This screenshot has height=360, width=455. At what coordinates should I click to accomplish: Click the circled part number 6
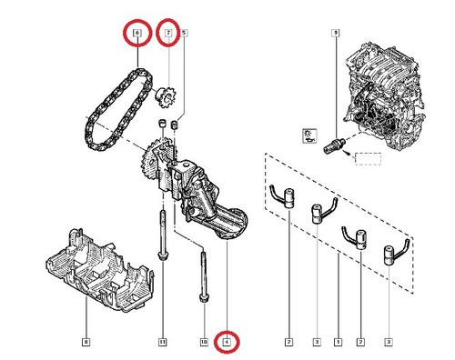[137, 35]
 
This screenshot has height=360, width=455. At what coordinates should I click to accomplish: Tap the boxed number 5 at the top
[185, 34]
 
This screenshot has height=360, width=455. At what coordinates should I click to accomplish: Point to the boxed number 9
[336, 35]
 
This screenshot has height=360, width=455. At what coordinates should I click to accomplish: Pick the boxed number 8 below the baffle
[86, 343]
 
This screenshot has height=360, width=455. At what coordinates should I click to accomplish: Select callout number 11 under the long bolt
[162, 343]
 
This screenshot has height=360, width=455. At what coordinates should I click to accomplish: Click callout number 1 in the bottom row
[339, 343]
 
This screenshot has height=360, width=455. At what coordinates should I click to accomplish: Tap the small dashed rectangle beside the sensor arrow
[368, 160]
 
